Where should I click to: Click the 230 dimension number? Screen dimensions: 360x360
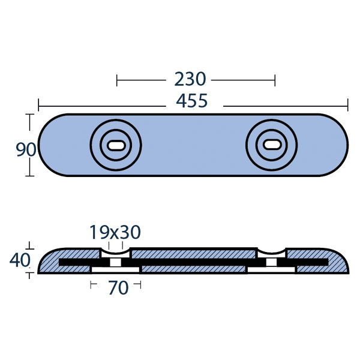190,79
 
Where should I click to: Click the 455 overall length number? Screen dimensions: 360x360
191,101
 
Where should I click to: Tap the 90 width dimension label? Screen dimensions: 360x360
26,149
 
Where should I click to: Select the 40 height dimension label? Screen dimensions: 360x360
20,260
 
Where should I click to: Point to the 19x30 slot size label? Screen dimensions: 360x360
115,232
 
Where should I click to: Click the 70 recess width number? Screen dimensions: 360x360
118,288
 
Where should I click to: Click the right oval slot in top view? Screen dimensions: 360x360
271,145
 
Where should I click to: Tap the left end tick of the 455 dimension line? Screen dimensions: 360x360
39,105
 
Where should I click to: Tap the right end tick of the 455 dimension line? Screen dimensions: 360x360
347,105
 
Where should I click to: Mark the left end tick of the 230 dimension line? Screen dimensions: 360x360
117,79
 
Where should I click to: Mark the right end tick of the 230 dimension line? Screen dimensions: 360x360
275,79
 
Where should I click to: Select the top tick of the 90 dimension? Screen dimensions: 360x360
28,114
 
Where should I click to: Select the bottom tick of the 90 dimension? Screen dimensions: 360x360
28,175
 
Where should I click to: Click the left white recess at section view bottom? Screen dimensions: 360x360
115,269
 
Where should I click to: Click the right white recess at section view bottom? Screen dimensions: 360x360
271,269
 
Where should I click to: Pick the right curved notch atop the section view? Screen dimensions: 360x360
271,251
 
